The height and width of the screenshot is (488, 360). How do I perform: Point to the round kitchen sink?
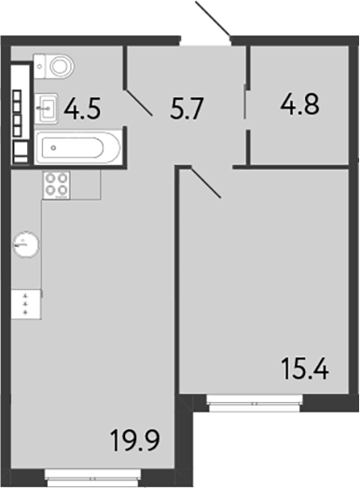(25, 246)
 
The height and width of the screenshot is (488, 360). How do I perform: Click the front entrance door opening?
(205, 40)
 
